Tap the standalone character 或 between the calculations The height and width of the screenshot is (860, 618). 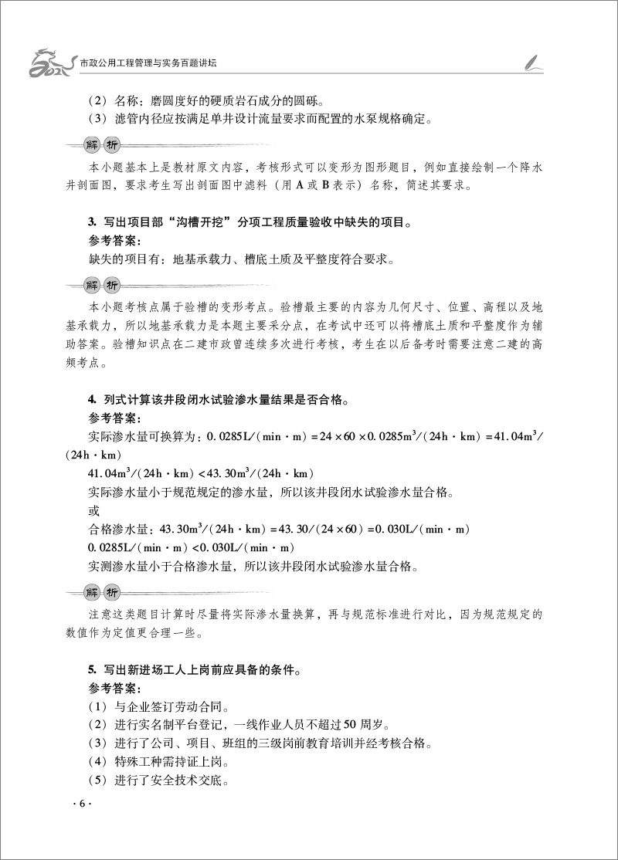(95, 510)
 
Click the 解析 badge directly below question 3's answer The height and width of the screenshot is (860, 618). (102, 284)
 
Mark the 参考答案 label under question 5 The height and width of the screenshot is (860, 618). (113, 689)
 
